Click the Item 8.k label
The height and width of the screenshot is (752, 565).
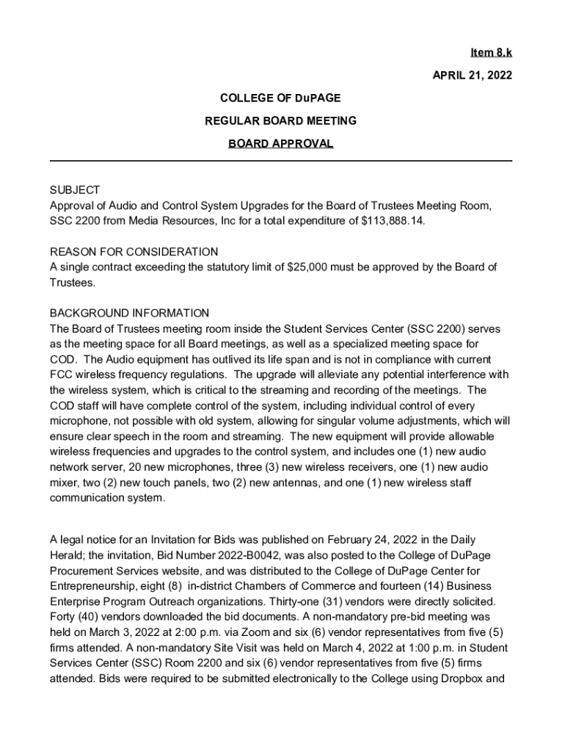(x=491, y=53)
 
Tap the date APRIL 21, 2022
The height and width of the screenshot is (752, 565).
(x=473, y=76)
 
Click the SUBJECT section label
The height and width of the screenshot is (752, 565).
(x=75, y=190)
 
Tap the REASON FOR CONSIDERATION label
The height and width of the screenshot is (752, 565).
(x=134, y=251)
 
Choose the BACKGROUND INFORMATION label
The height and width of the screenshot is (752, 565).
(x=129, y=313)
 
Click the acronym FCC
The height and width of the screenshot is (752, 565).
(x=62, y=375)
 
